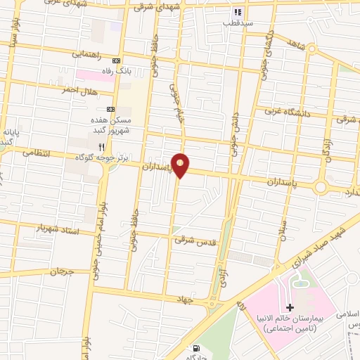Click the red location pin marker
pyautogui.click(x=181, y=165)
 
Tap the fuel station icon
pyautogui.click(x=195, y=347)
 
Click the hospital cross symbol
pyautogui.click(x=290, y=308)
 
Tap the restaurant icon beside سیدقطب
pyautogui.click(x=238, y=12)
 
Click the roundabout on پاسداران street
pyautogui.click(x=321, y=188)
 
